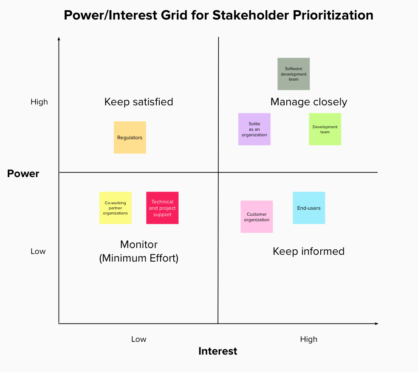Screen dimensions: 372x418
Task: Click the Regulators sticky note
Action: click(x=130, y=137)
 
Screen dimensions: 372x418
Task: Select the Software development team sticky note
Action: click(x=294, y=74)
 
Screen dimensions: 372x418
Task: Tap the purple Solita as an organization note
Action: click(x=254, y=129)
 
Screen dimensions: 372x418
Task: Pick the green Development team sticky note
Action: click(x=325, y=129)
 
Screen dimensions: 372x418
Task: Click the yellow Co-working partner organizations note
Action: click(x=115, y=208)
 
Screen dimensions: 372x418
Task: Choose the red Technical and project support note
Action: click(x=162, y=208)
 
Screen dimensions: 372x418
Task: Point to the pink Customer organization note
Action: click(x=257, y=217)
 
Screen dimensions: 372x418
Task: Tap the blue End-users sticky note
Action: click(x=309, y=208)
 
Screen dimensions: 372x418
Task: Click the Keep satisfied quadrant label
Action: click(x=138, y=102)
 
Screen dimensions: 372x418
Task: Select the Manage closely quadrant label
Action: click(x=309, y=102)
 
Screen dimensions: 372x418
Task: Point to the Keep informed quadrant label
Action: click(x=308, y=251)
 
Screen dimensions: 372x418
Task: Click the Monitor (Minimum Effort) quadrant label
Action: click(x=138, y=251)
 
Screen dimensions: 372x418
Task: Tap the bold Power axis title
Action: click(x=23, y=174)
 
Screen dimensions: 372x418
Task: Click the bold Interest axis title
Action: click(x=218, y=351)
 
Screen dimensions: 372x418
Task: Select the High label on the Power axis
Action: click(x=39, y=102)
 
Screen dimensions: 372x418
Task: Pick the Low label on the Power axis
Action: click(x=38, y=251)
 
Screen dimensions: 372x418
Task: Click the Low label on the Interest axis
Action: click(x=138, y=339)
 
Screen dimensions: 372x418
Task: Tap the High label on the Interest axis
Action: click(x=308, y=339)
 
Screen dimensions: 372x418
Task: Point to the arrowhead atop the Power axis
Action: click(x=59, y=39)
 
